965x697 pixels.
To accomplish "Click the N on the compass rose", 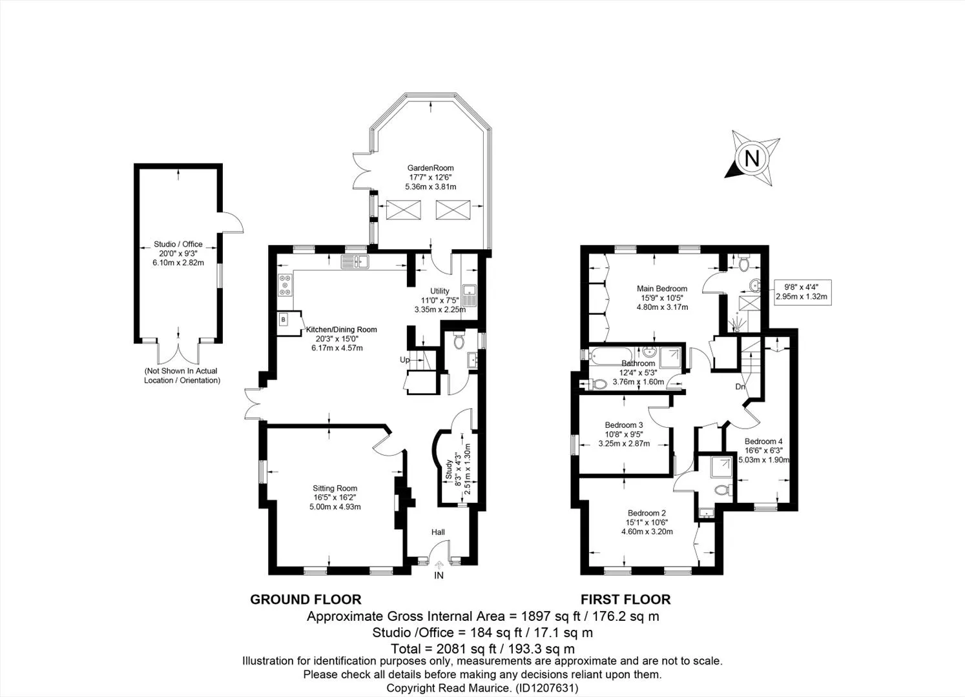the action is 752,158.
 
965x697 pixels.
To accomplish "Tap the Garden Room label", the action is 430,168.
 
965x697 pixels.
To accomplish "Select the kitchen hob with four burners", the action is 285,285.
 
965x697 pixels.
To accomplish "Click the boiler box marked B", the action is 284,320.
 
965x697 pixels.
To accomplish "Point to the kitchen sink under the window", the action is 355,262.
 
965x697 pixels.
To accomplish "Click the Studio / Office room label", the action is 178,244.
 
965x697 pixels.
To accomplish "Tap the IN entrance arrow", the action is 439,565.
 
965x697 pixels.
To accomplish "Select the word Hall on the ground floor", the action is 438,532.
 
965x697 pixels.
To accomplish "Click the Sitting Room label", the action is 335,488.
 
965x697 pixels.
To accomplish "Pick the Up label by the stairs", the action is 404,359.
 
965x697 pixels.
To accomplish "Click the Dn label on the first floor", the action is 740,387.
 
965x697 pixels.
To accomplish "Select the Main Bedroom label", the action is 662,288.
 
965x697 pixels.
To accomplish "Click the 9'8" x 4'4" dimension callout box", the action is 803,292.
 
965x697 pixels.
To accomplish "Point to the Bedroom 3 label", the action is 624,425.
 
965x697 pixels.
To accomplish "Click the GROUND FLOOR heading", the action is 306,600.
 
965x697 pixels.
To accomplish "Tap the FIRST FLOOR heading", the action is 625,600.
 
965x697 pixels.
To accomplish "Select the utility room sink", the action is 469,294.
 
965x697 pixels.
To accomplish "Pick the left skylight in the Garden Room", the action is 397,210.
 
